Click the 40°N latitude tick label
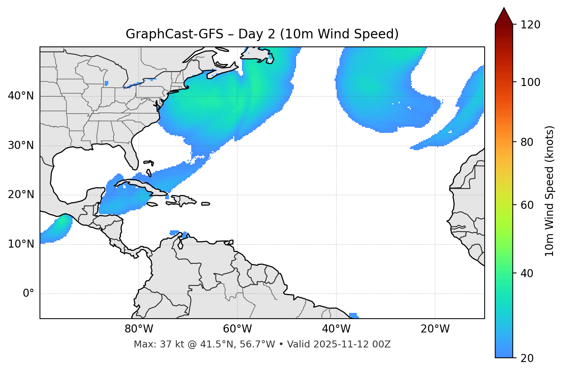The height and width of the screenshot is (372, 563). coord(21,96)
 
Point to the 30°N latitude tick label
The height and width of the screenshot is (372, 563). coord(21,145)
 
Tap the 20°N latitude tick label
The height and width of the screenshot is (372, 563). coord(21,195)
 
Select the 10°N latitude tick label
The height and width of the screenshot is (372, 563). coord(21,244)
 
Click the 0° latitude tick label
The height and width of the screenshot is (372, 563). coord(28,294)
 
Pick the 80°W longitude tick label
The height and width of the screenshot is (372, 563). coord(139,329)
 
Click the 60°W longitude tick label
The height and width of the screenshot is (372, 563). coord(237,329)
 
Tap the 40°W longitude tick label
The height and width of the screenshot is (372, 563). coord(336,329)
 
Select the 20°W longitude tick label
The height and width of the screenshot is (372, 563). coord(435,329)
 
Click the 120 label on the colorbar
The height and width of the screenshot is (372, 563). coord(530,25)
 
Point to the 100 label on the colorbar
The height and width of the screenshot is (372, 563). coord(530,82)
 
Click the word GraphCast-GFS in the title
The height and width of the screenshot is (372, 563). coord(174,34)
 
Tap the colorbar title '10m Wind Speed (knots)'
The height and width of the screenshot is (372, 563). coord(549,191)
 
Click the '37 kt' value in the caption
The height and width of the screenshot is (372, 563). coord(168,344)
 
